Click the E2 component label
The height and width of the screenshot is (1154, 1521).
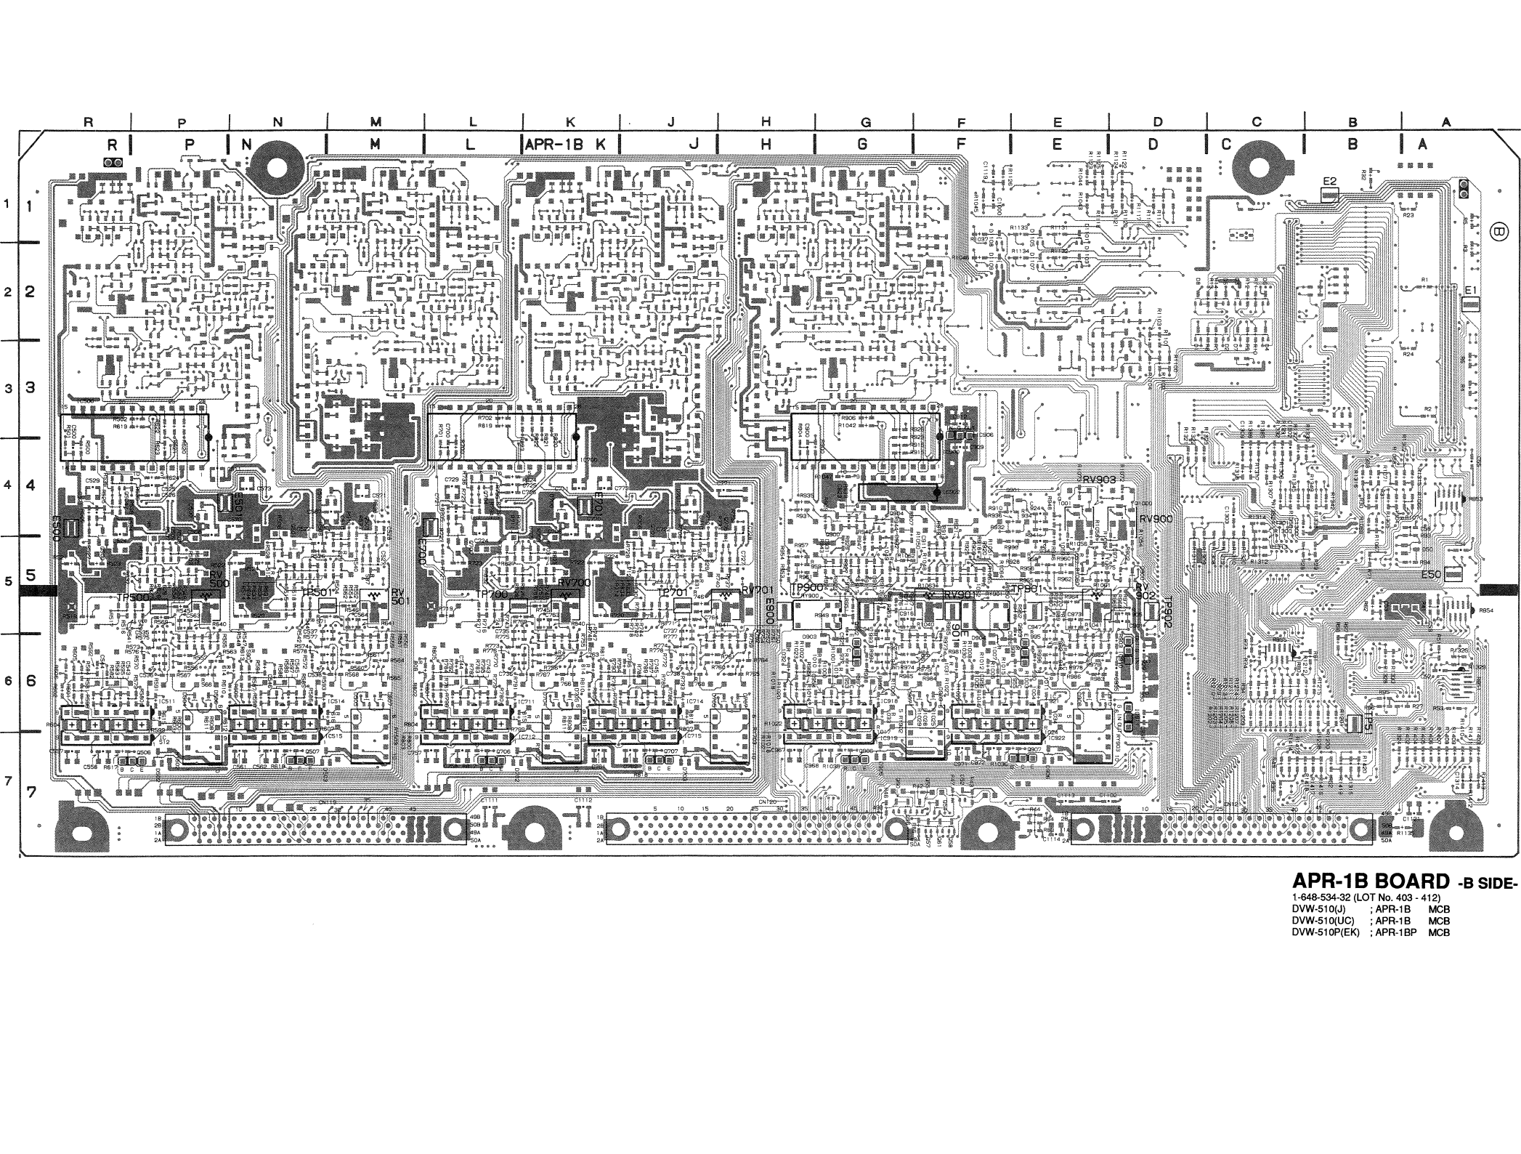pyautogui.click(x=1330, y=181)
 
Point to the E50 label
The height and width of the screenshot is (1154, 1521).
pyautogui.click(x=1431, y=574)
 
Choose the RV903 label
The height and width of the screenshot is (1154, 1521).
pyautogui.click(x=1100, y=479)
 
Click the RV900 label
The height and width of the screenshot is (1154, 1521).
pyautogui.click(x=1156, y=519)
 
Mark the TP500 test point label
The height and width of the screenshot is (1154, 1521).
pyautogui.click(x=133, y=597)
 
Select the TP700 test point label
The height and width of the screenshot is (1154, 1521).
pyautogui.click(x=492, y=594)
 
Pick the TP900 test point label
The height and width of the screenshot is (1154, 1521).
pyautogui.click(x=806, y=587)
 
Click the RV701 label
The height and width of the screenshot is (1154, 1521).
pyautogui.click(x=755, y=590)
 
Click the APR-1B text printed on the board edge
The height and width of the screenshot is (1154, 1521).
pyautogui.click(x=553, y=144)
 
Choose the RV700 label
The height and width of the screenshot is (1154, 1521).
pyautogui.click(x=575, y=582)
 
